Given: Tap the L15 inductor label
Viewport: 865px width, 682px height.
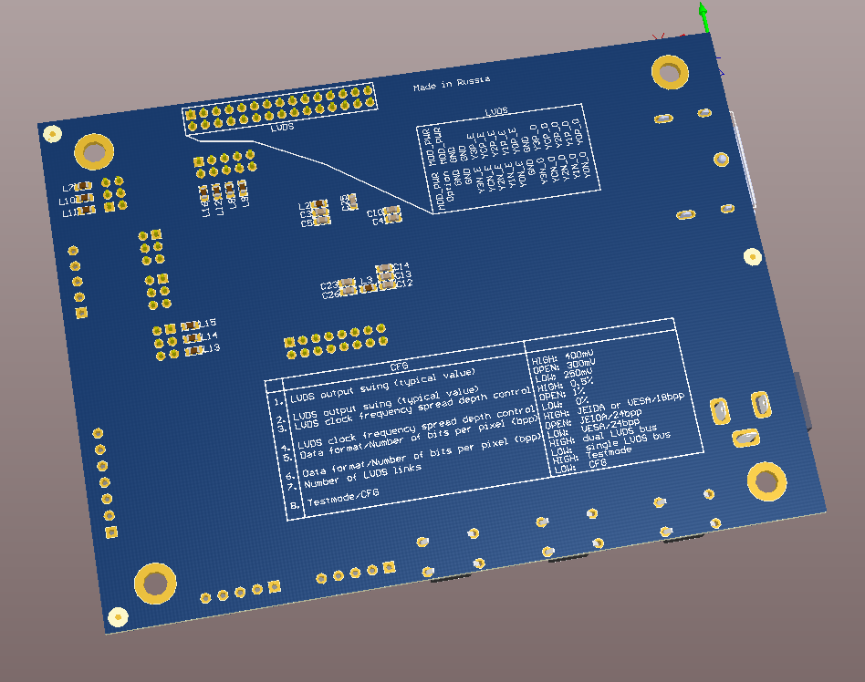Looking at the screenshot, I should coord(208,323).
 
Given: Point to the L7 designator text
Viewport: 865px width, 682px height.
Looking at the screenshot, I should coord(68,189).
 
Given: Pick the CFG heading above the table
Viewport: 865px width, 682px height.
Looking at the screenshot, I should coord(399,366).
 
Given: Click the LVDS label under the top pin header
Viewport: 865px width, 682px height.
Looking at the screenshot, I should coord(282,128).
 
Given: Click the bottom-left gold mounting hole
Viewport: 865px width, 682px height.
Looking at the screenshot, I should coord(156,583).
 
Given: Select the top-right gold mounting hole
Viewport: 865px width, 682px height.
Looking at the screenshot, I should coord(670,72).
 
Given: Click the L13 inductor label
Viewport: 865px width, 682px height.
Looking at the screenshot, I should coord(212,348).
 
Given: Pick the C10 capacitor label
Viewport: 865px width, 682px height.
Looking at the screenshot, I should coord(375,212).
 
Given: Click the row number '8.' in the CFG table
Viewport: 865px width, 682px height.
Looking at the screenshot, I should coord(294,504).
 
